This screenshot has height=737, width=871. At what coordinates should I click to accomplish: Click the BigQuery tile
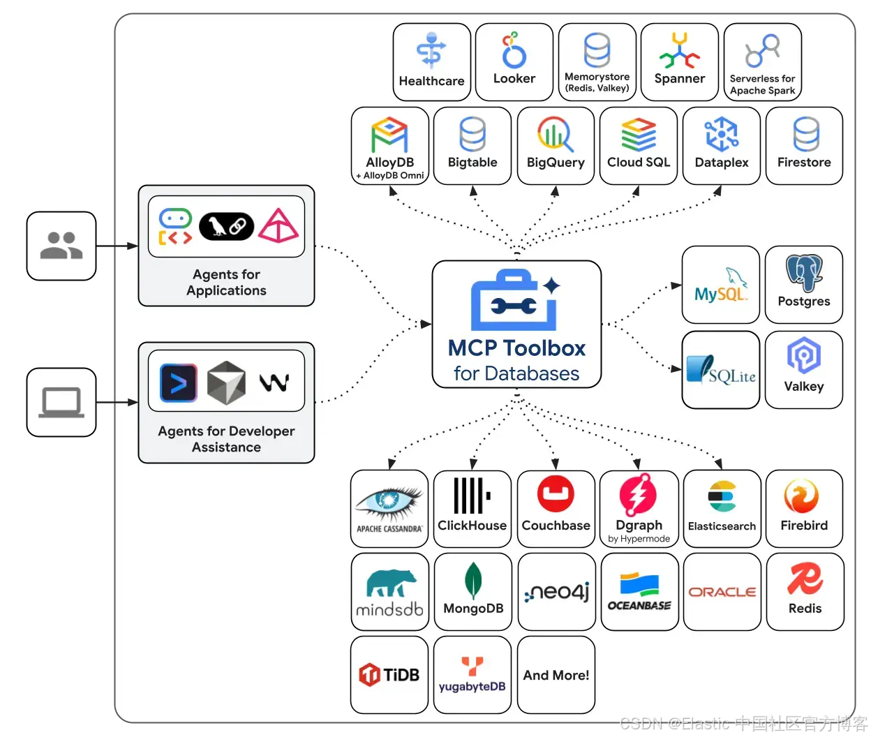(556, 145)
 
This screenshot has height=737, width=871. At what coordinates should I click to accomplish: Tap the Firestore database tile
(804, 145)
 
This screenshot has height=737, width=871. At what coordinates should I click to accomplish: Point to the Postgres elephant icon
(804, 272)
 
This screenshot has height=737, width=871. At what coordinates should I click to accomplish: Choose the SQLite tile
(720, 369)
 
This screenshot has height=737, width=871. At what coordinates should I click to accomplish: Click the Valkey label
(804, 387)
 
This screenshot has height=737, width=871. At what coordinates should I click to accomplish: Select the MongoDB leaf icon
(473, 580)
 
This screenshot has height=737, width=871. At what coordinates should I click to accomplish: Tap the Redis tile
(805, 592)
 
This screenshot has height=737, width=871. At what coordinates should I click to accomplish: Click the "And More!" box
(556, 675)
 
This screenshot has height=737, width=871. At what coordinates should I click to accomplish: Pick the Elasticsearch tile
(722, 508)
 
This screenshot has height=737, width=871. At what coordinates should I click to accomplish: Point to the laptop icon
(61, 403)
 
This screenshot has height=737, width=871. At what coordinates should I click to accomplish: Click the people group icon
(61, 246)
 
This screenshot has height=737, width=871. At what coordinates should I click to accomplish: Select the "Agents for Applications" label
(226, 283)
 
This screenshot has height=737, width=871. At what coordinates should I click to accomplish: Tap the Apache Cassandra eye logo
(389, 500)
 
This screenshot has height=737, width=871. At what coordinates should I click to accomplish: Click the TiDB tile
(389, 675)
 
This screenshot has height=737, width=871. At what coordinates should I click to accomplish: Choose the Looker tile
(514, 62)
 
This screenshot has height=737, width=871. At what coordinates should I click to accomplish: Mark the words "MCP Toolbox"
(516, 348)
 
